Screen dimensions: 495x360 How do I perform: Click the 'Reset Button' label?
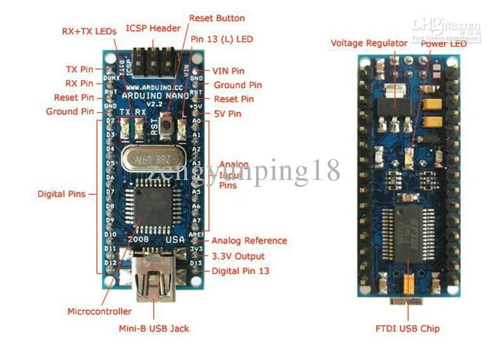pyautogui.click(x=216, y=18)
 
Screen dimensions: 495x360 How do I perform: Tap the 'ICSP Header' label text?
pyautogui.click(x=153, y=28)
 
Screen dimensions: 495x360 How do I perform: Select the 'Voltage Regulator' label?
pyautogui.click(x=369, y=43)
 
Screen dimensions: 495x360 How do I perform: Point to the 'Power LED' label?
pyautogui.click(x=444, y=43)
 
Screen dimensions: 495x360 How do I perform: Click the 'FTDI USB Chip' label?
pyautogui.click(x=408, y=328)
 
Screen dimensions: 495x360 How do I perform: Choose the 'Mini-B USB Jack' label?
pyautogui.click(x=153, y=328)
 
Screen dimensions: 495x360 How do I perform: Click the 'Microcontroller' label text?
pyautogui.click(x=100, y=311)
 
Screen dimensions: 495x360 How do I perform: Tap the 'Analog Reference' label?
pyautogui.click(x=249, y=241)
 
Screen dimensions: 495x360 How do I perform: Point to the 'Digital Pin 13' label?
pyautogui.click(x=240, y=271)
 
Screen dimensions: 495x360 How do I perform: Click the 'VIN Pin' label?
pyautogui.click(x=228, y=71)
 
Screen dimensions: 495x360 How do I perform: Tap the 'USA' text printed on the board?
pyautogui.click(x=175, y=240)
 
